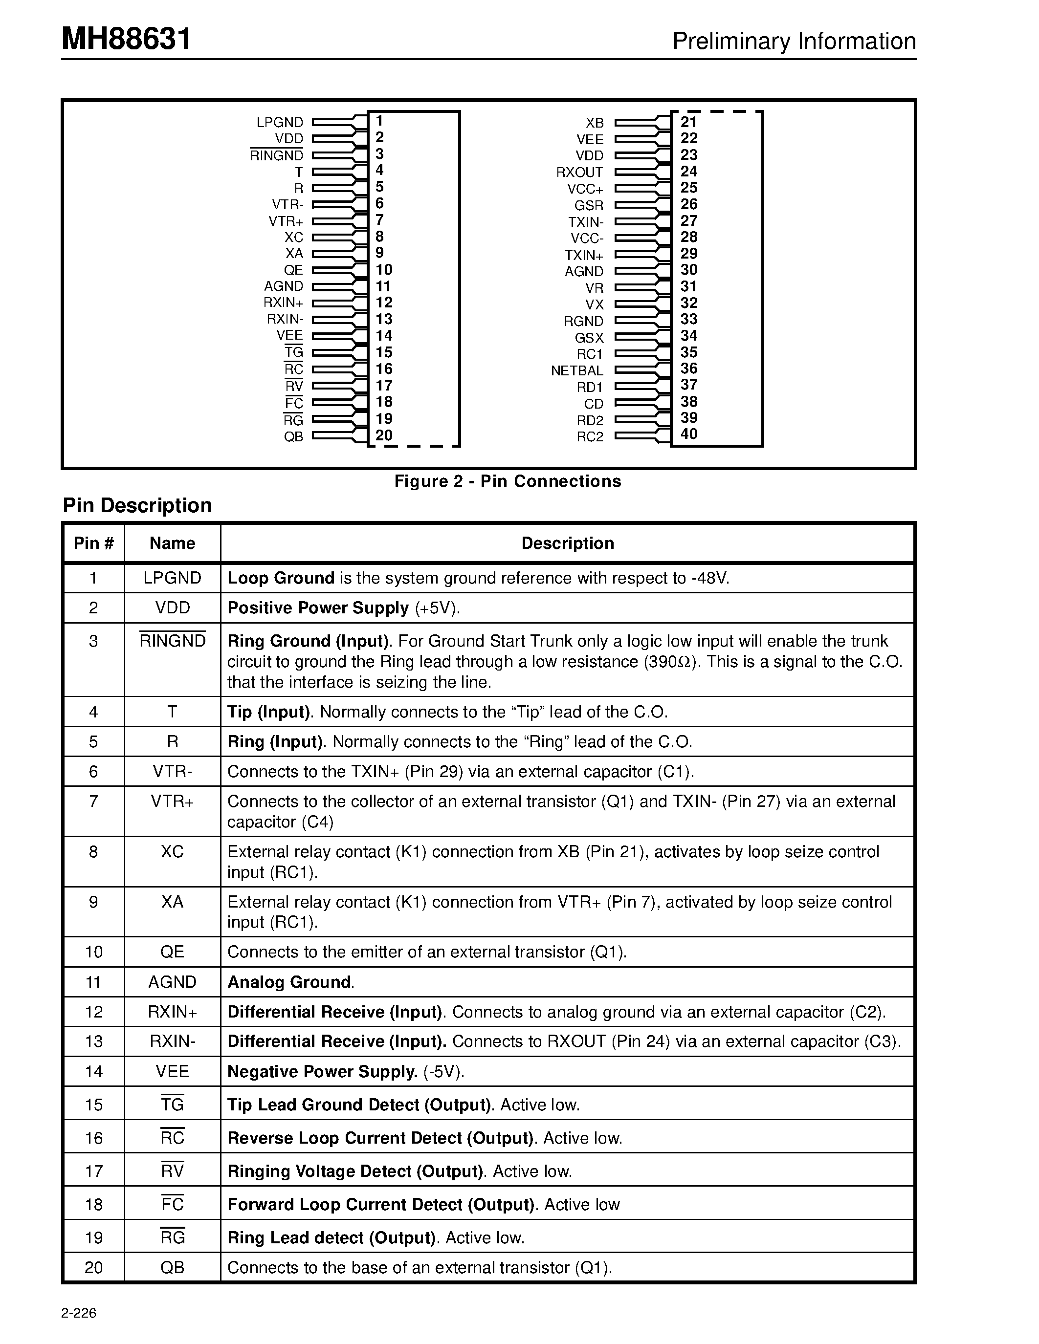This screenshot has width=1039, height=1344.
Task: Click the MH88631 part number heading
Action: [x=126, y=40]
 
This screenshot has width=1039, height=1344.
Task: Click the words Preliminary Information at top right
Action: [x=794, y=41]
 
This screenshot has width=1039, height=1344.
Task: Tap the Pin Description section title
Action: [x=137, y=505]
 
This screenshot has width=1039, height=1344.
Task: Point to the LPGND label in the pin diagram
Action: [x=280, y=123]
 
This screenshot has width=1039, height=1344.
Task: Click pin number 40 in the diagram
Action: [x=689, y=434]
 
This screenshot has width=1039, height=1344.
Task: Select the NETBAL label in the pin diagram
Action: [x=577, y=370]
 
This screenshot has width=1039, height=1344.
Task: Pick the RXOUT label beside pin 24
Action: [x=579, y=173]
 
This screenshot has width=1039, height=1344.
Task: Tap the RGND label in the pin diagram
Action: [x=583, y=321]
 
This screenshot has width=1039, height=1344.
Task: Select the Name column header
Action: [x=172, y=543]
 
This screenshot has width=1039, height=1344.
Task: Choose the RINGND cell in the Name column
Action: [x=172, y=641]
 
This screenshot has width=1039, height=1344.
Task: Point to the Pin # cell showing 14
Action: [x=93, y=1071]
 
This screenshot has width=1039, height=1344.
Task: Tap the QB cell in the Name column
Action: [x=172, y=1268]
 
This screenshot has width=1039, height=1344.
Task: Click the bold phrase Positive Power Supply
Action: [x=318, y=608]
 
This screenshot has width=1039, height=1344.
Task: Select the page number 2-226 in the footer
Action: [x=79, y=1313]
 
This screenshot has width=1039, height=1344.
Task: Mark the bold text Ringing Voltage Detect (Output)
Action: [x=354, y=1171]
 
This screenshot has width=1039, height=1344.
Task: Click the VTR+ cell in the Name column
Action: [x=172, y=801]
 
